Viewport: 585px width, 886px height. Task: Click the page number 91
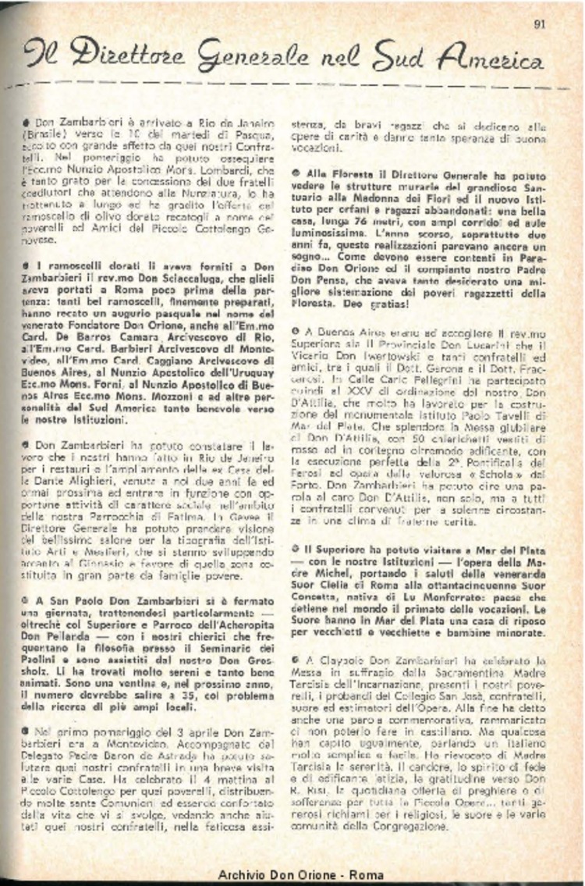[539, 23]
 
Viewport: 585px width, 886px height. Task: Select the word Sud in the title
[399, 56]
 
